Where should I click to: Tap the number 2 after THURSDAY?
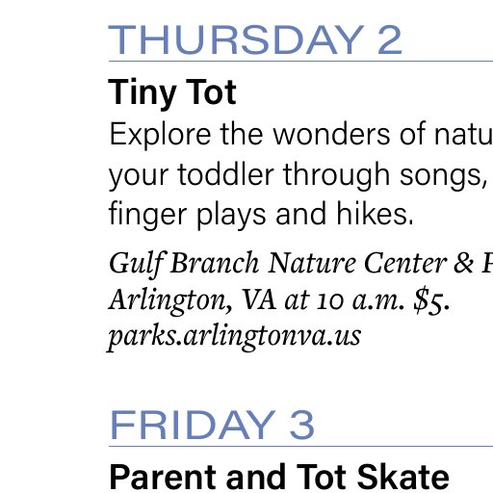pos(390,39)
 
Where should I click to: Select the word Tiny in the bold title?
pos(143,92)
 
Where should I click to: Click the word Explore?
pos(160,135)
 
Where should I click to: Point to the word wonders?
pos(331,135)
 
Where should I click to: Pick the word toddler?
pos(225,174)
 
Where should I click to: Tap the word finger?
pos(147,215)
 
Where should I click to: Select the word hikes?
pos(376,214)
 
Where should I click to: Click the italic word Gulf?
pos(138,264)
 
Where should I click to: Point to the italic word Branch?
pos(215,263)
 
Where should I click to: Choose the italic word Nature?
pos(312,263)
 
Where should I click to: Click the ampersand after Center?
pos(463,263)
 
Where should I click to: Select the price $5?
pos(431,299)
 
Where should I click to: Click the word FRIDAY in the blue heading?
pos(193,425)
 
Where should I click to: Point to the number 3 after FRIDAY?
pos(301,425)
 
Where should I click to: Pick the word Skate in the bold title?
pos(403,477)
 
